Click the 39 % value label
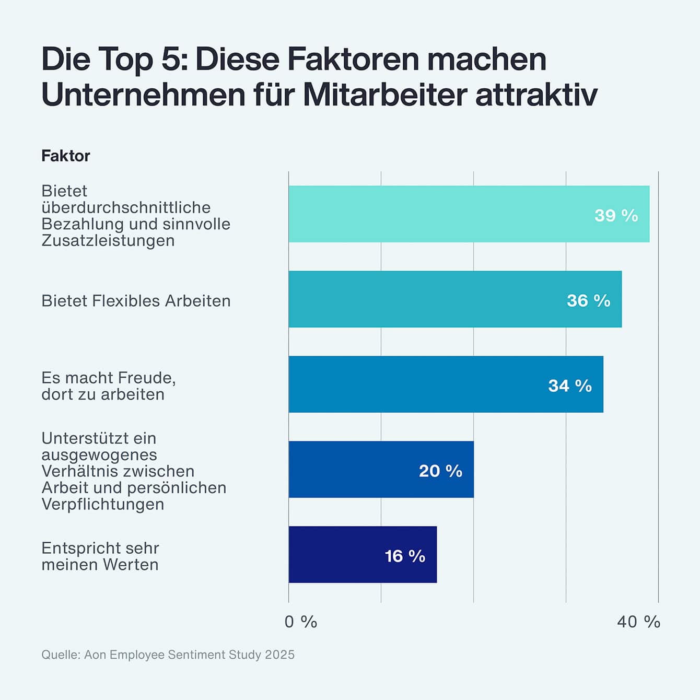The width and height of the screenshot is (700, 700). pos(616,215)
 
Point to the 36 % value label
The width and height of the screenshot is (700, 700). pos(588,300)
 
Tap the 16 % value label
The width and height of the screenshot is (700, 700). pos(405,556)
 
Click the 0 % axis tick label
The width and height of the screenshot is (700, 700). pos(301,622)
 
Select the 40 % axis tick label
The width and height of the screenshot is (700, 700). pos(638,622)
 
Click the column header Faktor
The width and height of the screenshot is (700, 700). pos(66,156)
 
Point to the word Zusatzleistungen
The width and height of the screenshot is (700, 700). pos(108,241)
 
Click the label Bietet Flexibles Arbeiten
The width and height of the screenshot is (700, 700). pos(136,301)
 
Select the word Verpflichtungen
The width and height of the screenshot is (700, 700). pos(103,504)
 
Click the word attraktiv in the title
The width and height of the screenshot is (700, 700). pos(536,95)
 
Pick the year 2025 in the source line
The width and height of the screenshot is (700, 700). pos(279,655)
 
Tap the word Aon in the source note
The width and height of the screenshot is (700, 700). pos(95,655)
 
